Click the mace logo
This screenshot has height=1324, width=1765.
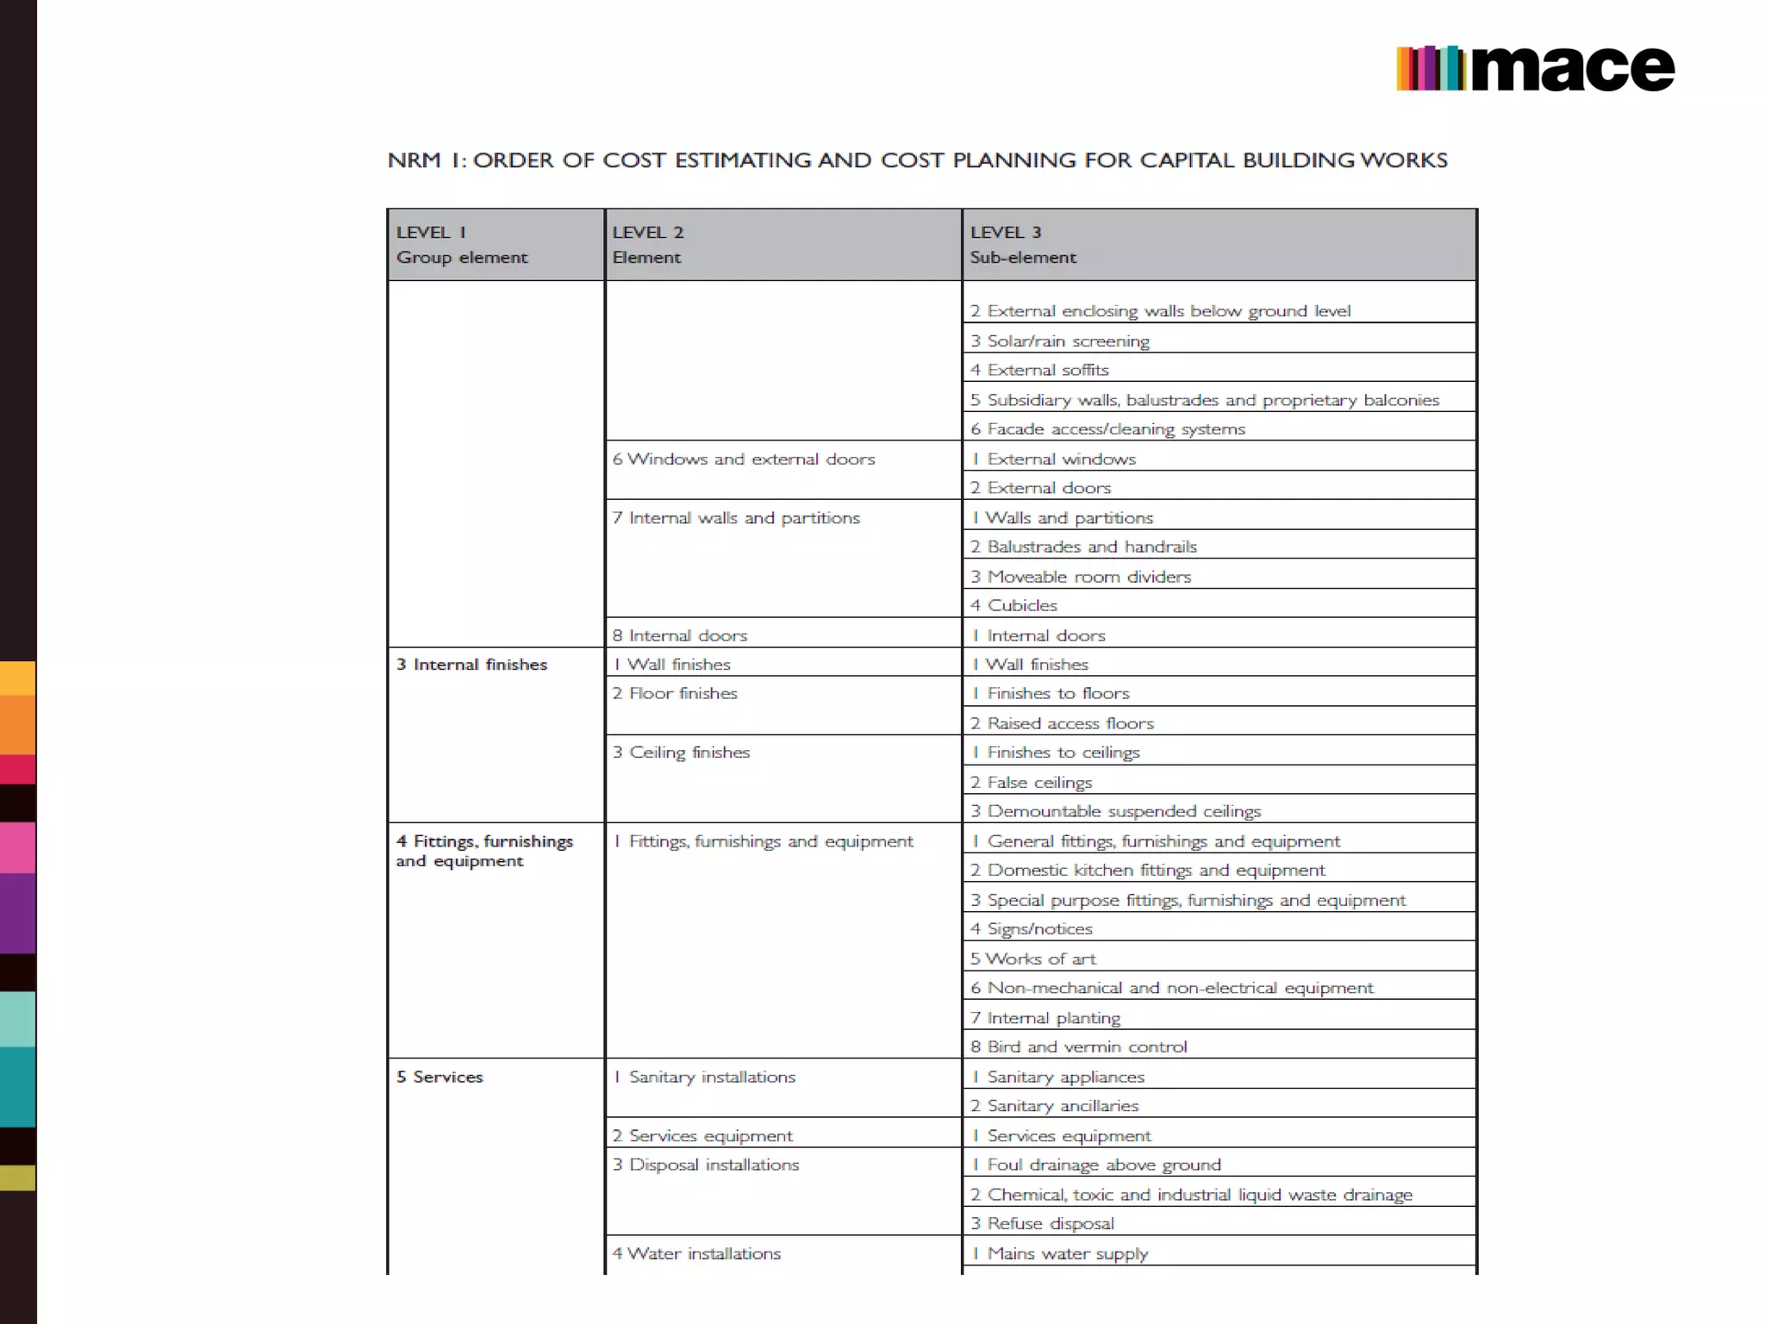[x=1535, y=68]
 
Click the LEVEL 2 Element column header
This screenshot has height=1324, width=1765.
[x=647, y=245]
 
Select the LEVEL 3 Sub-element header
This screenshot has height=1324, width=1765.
[x=1022, y=245]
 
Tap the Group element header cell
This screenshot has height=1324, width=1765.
[x=462, y=257]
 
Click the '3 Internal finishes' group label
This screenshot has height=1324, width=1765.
[x=471, y=665]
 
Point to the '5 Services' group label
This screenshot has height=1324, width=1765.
[x=440, y=1077]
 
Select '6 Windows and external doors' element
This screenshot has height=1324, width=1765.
[x=743, y=459]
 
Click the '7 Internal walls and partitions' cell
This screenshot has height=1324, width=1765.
[x=736, y=518]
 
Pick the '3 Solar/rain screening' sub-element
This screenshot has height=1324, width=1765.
[x=1060, y=341]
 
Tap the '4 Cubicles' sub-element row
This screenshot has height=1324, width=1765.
[x=1013, y=605]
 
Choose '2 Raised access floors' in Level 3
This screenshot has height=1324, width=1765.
[x=1062, y=723]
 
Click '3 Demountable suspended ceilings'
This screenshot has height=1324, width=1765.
[x=1115, y=811]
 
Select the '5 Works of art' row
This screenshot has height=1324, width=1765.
[x=1032, y=959]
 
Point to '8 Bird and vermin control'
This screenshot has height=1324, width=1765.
[x=1078, y=1046]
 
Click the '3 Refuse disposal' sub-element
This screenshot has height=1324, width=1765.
[x=1042, y=1223]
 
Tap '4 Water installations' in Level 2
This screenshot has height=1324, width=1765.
[x=696, y=1253]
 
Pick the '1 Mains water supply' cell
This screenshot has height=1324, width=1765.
[x=1060, y=1253]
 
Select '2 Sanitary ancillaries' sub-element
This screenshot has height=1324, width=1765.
[x=1054, y=1106]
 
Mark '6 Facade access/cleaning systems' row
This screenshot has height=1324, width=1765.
[x=1107, y=429]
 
